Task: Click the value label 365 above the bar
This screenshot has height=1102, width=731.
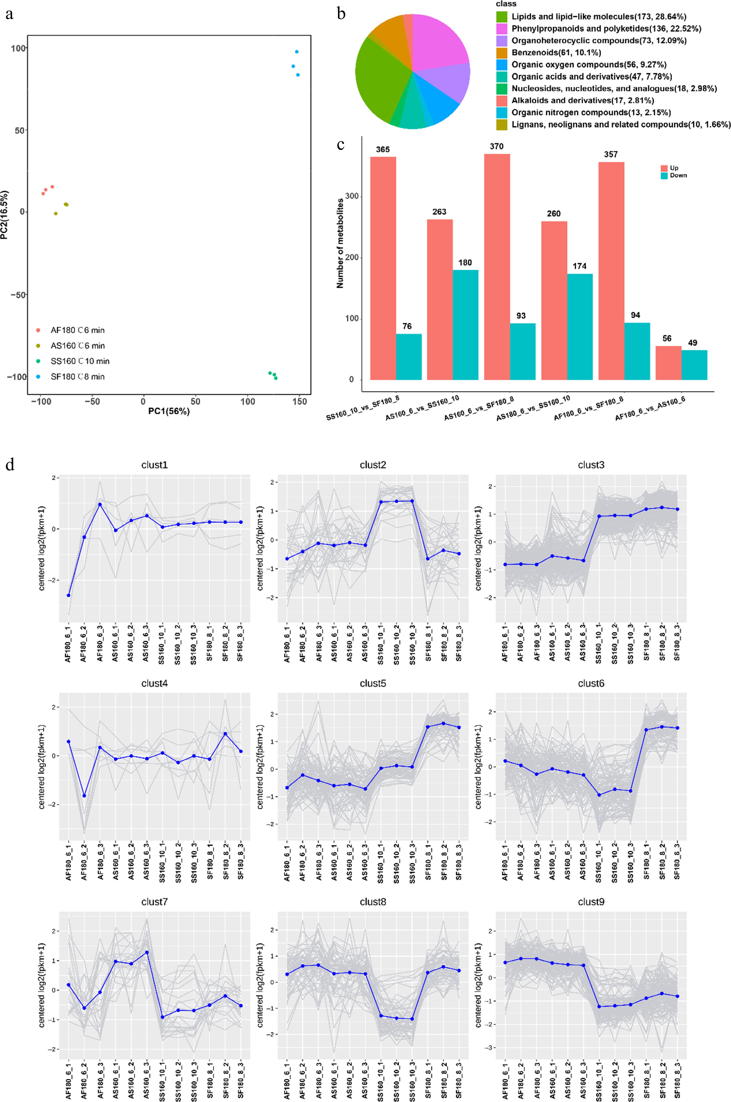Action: [x=383, y=150]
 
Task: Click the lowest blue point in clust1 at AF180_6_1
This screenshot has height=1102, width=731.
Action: [x=69, y=595]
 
